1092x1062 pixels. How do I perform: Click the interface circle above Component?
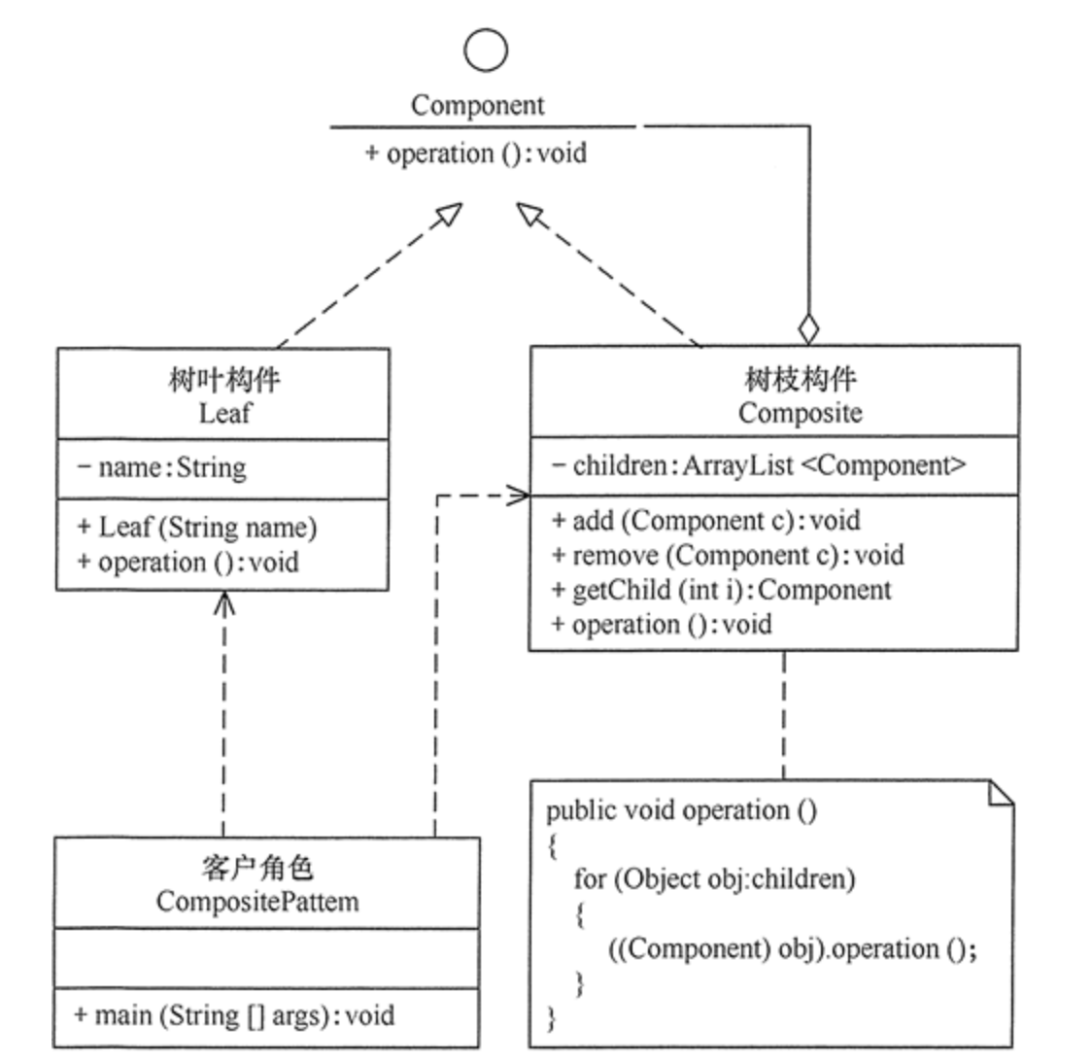tap(486, 49)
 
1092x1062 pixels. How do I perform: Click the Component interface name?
tap(477, 105)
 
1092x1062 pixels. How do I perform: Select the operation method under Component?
tap(476, 154)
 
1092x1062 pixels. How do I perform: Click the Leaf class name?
tap(224, 413)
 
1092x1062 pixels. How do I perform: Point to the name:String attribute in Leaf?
tap(162, 467)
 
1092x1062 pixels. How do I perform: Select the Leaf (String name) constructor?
tap(197, 528)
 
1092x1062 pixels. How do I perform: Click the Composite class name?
tap(800, 413)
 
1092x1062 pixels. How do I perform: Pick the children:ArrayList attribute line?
tap(759, 465)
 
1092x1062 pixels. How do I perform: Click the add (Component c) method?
tap(706, 521)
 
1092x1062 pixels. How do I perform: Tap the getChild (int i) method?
tap(721, 590)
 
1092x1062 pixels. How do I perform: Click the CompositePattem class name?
tap(257, 902)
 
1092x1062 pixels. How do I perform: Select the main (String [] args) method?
tap(234, 1016)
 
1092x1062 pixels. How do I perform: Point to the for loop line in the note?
tap(714, 879)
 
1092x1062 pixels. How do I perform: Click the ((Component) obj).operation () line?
tap(793, 948)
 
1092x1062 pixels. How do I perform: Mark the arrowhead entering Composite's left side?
tap(519, 496)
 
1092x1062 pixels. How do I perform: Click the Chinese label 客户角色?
tap(257, 868)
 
